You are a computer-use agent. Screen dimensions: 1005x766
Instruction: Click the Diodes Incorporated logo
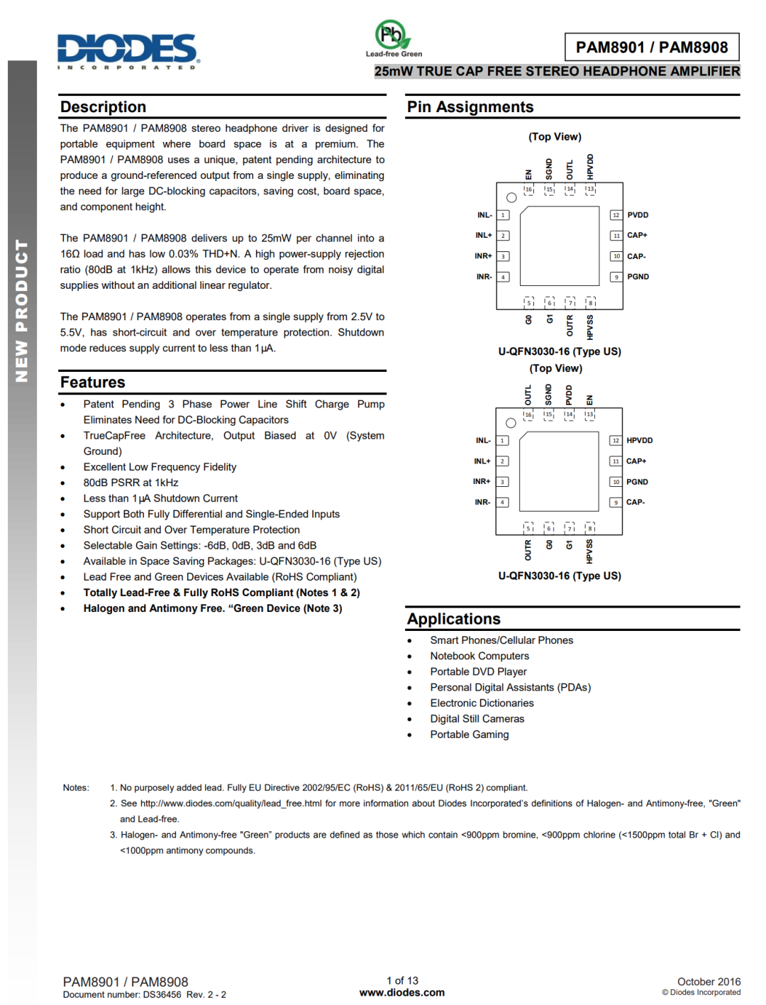click(x=128, y=50)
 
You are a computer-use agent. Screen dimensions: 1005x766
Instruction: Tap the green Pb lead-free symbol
click(x=391, y=34)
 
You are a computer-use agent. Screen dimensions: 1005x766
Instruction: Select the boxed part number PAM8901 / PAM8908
click(x=652, y=48)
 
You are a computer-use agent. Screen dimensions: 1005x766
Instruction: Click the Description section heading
click(x=104, y=107)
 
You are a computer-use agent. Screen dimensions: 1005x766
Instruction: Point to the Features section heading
click(x=93, y=383)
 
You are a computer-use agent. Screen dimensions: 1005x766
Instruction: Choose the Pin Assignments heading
click(x=470, y=107)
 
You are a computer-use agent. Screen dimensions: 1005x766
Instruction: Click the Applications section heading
click(x=454, y=619)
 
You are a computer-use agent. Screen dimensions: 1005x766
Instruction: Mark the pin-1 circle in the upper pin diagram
click(x=511, y=197)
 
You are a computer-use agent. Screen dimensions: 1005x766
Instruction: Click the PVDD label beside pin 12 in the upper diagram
click(x=638, y=215)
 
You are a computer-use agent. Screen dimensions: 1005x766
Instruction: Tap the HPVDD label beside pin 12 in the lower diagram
click(x=639, y=441)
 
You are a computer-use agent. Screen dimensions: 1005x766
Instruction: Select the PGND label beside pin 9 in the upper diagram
click(x=638, y=277)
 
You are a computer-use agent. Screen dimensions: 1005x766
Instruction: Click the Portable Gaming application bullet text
click(x=470, y=735)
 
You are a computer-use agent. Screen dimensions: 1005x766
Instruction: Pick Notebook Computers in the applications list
click(x=479, y=656)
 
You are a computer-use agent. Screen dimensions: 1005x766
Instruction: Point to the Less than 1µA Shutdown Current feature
click(x=160, y=498)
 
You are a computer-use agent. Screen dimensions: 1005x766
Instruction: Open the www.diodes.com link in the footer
click(x=402, y=993)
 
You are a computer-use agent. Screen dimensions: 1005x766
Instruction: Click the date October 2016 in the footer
click(x=709, y=982)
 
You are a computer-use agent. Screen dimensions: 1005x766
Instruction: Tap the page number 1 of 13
click(x=402, y=981)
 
